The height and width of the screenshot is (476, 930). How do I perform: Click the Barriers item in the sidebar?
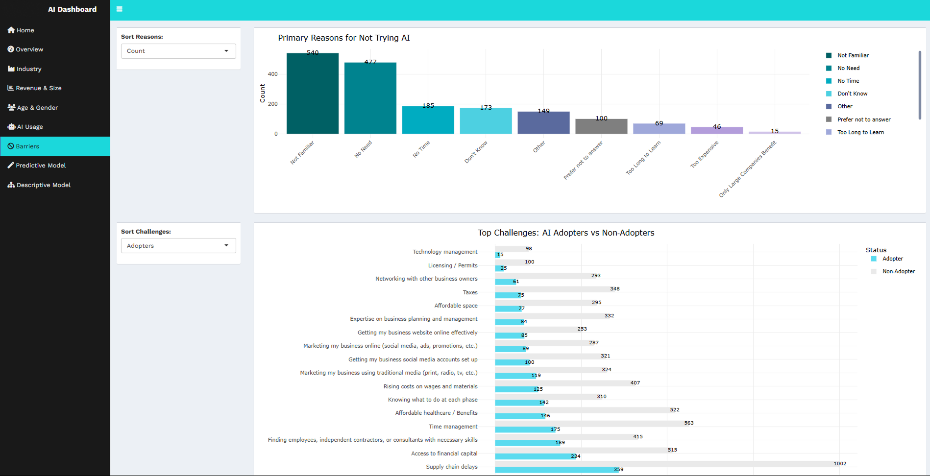27,146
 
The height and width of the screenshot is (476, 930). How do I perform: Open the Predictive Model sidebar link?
41,166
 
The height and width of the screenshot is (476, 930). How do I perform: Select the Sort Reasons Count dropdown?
178,51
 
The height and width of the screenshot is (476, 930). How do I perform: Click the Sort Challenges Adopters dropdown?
178,246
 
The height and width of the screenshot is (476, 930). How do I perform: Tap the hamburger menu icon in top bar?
120,9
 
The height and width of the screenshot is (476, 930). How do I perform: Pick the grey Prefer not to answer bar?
601,126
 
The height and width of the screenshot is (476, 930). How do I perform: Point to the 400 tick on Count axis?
272,74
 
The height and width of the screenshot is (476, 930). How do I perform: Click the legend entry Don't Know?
852,94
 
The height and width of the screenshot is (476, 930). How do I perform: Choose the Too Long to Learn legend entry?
860,132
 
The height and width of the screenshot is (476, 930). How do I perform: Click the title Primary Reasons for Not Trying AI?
344,38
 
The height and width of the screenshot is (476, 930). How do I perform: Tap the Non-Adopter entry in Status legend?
898,271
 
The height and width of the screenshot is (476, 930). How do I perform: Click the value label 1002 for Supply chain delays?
840,463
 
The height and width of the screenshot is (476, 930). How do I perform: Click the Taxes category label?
470,292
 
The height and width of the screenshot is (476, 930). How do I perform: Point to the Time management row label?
453,427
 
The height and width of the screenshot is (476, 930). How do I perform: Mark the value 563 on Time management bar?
689,423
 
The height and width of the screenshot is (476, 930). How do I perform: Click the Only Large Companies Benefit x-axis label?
748,169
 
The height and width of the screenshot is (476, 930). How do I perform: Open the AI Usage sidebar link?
30,127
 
